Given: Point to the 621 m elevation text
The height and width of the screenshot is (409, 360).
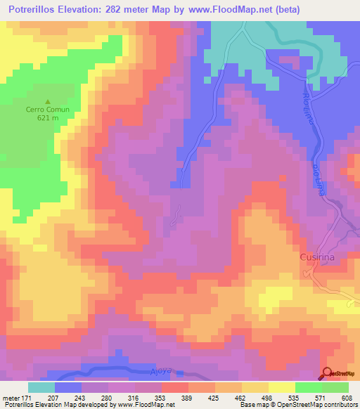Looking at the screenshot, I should tap(48, 118).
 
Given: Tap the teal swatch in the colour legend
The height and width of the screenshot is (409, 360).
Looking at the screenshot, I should tap(41, 388).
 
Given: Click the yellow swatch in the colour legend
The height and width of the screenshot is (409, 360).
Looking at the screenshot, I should tap(282, 388).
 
